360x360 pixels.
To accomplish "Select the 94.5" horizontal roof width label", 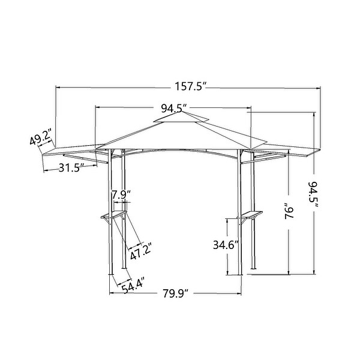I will point(173,108).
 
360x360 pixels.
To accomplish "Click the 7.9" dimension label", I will point(121,194).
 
